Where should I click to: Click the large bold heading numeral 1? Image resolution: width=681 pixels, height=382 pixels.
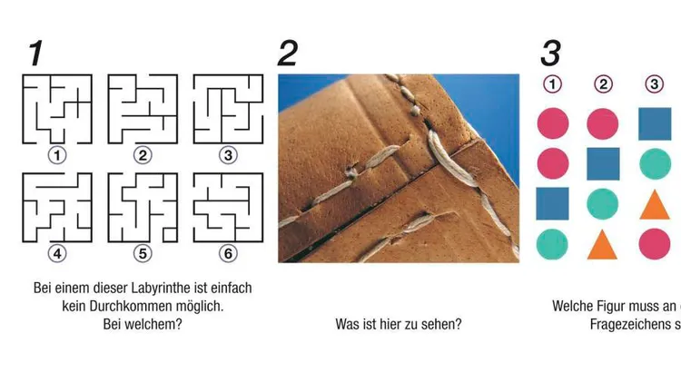tap(36, 54)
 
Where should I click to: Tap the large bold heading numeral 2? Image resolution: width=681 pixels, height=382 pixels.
tap(288, 54)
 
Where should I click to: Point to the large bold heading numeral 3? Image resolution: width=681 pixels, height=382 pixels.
tap(551, 54)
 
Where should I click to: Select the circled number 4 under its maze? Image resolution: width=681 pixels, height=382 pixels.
tap(57, 253)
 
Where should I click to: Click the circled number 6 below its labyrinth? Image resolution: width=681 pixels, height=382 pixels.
tap(228, 253)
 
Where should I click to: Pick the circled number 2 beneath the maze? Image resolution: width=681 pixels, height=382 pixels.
tap(143, 155)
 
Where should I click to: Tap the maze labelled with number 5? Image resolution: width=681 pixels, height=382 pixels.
tap(143, 208)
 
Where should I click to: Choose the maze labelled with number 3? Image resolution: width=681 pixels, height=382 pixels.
tap(229, 109)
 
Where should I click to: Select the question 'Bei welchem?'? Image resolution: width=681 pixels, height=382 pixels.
tap(143, 324)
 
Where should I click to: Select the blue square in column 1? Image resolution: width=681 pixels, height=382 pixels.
tap(552, 203)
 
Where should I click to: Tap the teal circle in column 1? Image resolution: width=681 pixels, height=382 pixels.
tap(552, 244)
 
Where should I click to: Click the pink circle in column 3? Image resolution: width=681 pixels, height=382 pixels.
tap(655, 244)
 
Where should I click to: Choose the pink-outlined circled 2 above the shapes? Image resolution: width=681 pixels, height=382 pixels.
tap(603, 84)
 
